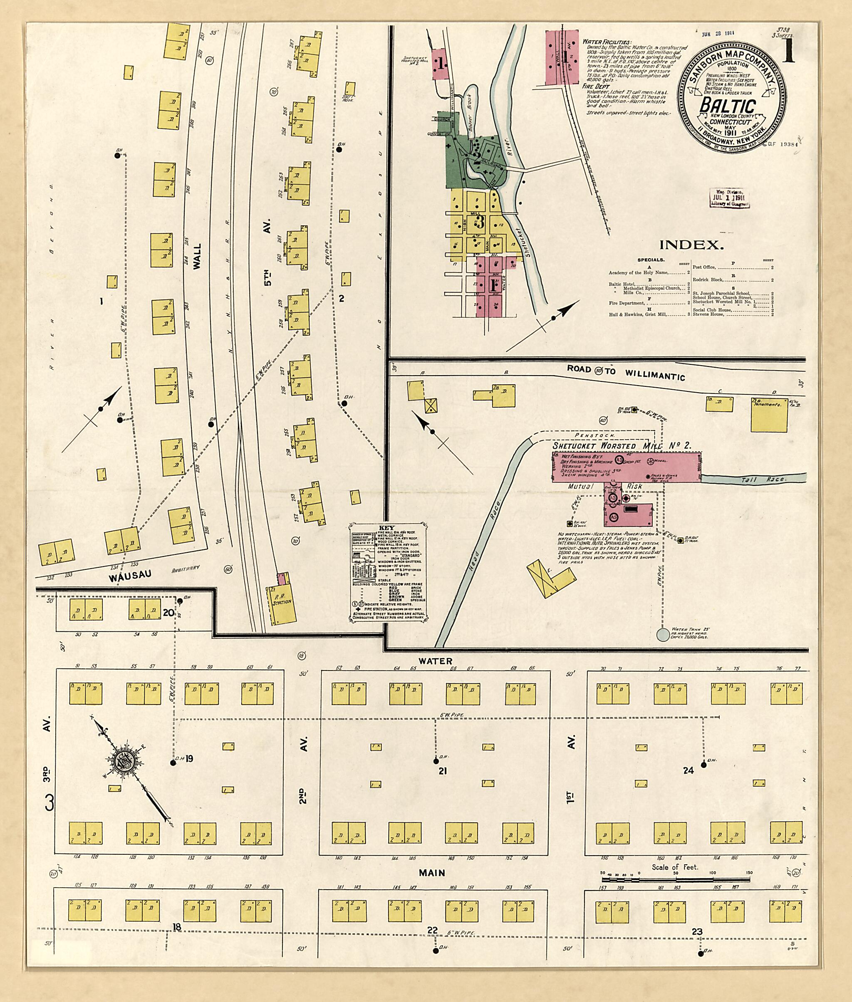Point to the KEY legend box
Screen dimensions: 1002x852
tap(387, 571)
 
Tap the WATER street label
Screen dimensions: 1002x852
tap(435, 661)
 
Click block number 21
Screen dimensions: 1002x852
tap(441, 771)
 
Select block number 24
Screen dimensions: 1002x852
tap(688, 771)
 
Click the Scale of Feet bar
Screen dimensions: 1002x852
tap(675, 880)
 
